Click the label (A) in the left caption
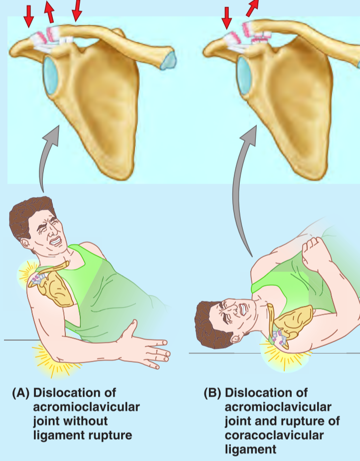click(22, 392)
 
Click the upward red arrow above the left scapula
click(49, 12)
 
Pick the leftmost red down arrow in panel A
click(29, 16)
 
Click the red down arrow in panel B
click(227, 16)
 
